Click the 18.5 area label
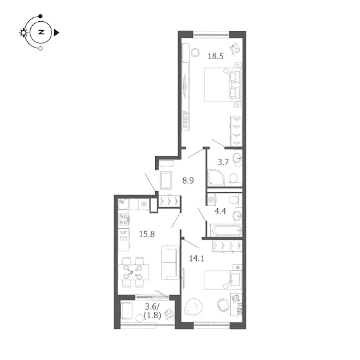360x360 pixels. click(x=215, y=56)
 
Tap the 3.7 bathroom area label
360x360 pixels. click(x=223, y=162)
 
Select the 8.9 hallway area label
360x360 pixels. click(x=188, y=181)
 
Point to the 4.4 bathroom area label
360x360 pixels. click(x=220, y=212)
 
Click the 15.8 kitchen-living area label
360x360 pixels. click(x=147, y=234)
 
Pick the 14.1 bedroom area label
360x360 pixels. click(x=197, y=258)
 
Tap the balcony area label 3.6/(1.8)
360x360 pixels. click(x=152, y=311)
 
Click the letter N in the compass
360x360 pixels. click(x=41, y=32)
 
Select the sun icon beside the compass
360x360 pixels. click(x=23, y=33)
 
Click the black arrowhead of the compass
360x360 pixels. click(x=57, y=33)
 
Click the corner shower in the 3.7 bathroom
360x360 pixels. click(x=216, y=177)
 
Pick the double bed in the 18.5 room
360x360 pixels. click(x=223, y=84)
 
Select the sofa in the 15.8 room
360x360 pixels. click(x=170, y=262)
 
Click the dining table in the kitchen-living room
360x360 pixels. click(x=134, y=272)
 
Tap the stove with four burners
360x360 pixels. click(x=123, y=219)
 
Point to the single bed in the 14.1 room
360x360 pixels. click(x=223, y=280)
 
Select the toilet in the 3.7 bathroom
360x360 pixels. click(x=233, y=178)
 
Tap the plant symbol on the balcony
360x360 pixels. click(x=168, y=314)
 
